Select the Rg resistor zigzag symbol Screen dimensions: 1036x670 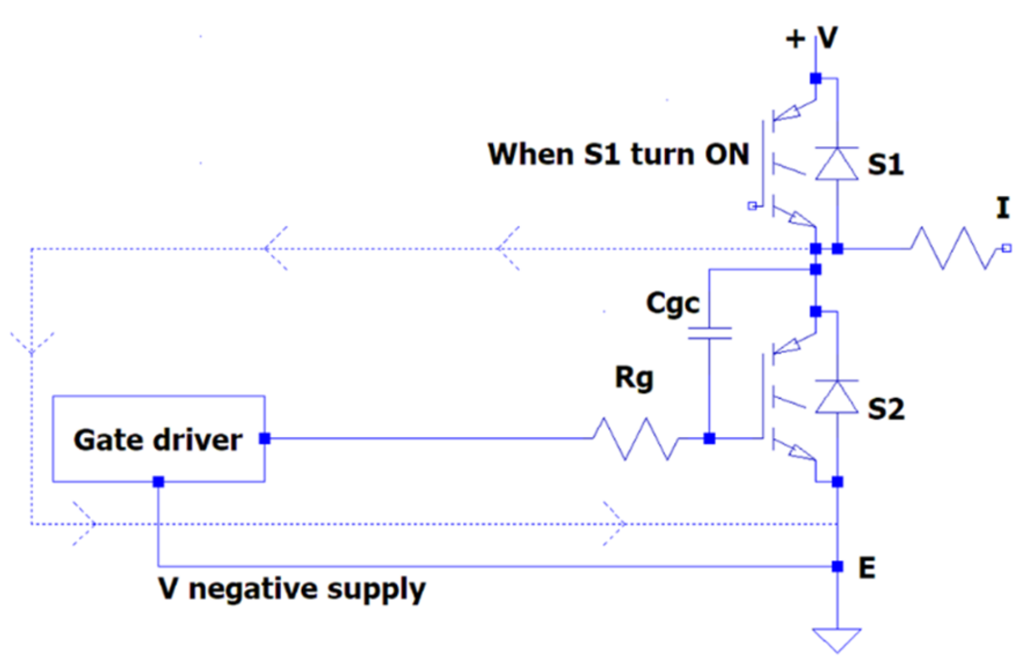coord(636,439)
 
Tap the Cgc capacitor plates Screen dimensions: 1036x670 coord(709,333)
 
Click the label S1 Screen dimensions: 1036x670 coord(886,164)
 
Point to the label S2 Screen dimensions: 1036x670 coord(886,409)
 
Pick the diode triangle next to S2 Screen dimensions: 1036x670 coord(837,396)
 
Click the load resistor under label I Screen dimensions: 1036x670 coord(955,248)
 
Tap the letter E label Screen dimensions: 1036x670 coord(867,568)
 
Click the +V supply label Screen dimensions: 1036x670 coord(812,38)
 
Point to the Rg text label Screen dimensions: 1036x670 coord(634,378)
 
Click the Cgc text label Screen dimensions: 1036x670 coord(673,304)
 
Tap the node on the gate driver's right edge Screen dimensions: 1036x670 coord(265,438)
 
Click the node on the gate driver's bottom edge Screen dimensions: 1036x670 coord(158,482)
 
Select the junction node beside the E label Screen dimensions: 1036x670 coord(837,566)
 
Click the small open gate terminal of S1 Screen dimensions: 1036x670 coord(752,206)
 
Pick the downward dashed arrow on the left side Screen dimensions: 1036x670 coord(31,342)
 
